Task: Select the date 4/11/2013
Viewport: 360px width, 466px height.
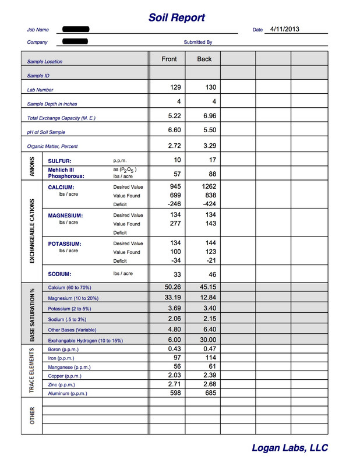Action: tap(285, 29)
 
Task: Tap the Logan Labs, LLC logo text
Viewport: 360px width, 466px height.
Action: tap(290, 447)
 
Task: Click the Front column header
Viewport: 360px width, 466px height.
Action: tap(169, 59)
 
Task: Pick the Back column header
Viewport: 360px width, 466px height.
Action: tap(204, 59)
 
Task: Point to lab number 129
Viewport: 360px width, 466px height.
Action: tap(175, 87)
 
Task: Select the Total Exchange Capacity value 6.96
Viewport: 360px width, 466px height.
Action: tap(210, 116)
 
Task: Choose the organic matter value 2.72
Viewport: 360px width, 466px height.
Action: tap(174, 144)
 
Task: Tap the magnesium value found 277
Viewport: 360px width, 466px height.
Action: tap(175, 224)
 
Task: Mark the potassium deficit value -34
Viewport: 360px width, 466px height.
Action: tap(175, 261)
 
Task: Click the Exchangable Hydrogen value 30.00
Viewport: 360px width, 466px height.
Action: tap(208, 340)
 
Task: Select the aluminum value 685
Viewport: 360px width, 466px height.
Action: tap(208, 393)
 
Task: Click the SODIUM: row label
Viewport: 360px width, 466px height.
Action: tap(60, 274)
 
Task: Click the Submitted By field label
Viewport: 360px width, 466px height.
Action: tap(198, 42)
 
